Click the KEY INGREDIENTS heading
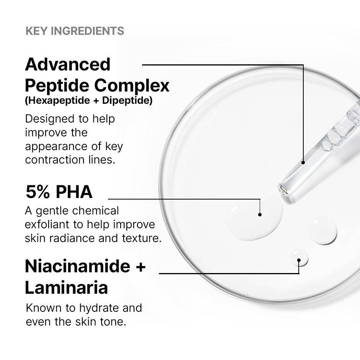tap(75, 31)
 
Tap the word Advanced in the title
tap(67, 64)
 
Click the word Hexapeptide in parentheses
tap(53, 101)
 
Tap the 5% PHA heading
tap(59, 191)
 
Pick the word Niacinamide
tap(77, 266)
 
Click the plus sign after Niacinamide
tap(141, 267)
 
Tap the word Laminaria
tap(66, 288)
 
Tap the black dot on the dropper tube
tap(303, 162)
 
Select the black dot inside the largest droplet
tap(260, 214)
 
